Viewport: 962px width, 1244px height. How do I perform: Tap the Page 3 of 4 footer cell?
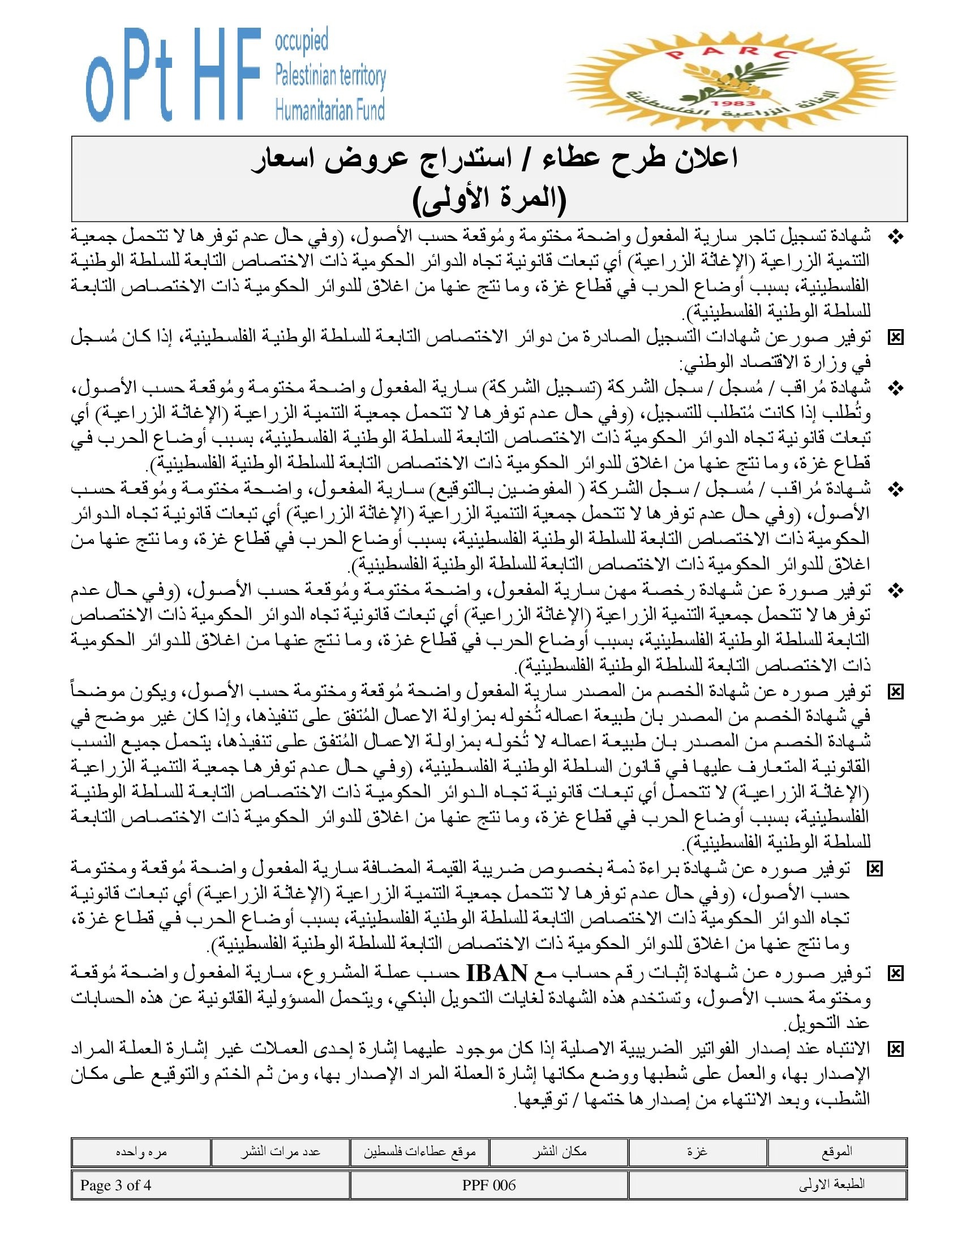coord(211,1185)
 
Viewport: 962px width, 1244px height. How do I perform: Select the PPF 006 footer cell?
coord(489,1185)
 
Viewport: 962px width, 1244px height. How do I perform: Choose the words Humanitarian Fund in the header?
coord(330,109)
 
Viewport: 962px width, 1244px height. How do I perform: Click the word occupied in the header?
coord(302,42)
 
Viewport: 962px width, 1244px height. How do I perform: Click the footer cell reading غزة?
coord(698,1152)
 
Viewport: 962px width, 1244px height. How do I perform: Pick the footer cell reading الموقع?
coord(836,1152)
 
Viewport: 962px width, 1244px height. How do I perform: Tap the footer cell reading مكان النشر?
coord(559,1152)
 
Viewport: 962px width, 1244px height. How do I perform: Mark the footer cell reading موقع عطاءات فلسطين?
coord(419,1152)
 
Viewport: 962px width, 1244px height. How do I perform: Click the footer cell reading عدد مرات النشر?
coord(280,1152)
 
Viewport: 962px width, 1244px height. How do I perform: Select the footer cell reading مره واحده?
coord(141,1152)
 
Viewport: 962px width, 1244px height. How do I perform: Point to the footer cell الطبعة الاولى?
coord(767,1185)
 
